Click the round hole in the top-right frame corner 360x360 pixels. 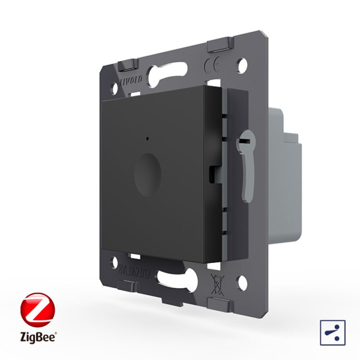tap(242, 62)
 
